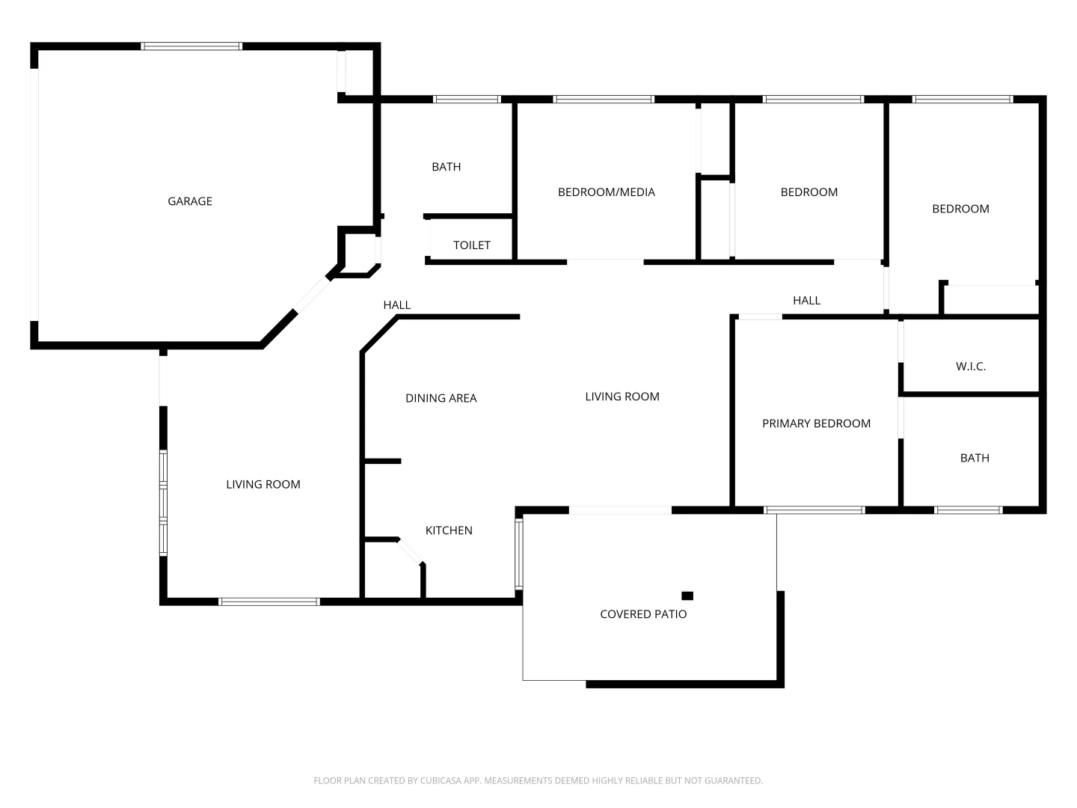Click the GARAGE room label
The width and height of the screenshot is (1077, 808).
[190, 201]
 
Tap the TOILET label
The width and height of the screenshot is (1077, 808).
[472, 245]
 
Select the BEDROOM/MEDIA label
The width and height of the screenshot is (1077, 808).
[607, 192]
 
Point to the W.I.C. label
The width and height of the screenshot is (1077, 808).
[971, 367]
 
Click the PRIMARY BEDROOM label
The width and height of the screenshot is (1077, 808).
[816, 423]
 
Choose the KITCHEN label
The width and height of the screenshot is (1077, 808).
[449, 530]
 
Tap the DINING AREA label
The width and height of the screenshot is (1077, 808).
[441, 398]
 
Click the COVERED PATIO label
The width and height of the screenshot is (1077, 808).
[643, 614]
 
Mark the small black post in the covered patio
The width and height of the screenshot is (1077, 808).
[687, 596]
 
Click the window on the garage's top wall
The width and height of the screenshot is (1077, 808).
[192, 46]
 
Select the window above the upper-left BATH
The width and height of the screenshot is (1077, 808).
[467, 99]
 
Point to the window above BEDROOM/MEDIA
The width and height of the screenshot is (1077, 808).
[604, 99]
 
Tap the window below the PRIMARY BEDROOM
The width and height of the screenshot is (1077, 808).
[814, 510]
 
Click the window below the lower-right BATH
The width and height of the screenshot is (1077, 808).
[969, 510]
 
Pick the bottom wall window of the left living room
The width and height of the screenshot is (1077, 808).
[269, 602]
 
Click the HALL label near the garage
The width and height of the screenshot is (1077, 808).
[397, 305]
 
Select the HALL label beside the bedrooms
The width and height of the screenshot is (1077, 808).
[806, 301]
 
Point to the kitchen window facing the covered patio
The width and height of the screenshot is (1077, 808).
[518, 554]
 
